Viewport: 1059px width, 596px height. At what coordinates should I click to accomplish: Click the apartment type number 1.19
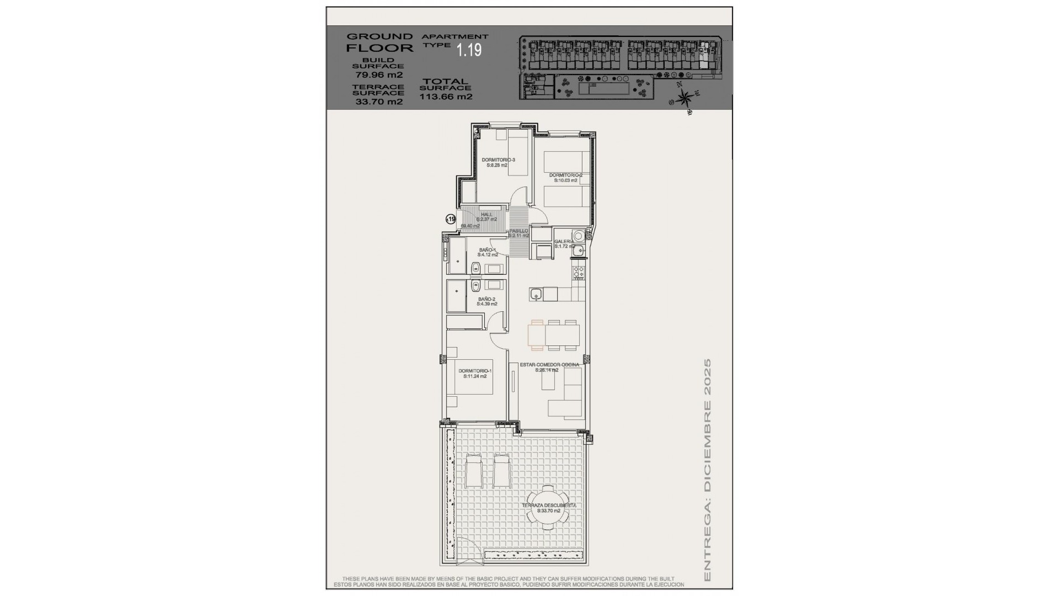pyautogui.click(x=469, y=50)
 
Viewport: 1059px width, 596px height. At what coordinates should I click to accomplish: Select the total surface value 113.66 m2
pyautogui.click(x=446, y=97)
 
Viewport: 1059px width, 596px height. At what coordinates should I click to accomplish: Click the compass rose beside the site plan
pyautogui.click(x=684, y=98)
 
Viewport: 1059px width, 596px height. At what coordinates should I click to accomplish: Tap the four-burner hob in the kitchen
pyautogui.click(x=579, y=272)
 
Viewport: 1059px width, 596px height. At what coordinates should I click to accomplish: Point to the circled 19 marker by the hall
pyautogui.click(x=451, y=220)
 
